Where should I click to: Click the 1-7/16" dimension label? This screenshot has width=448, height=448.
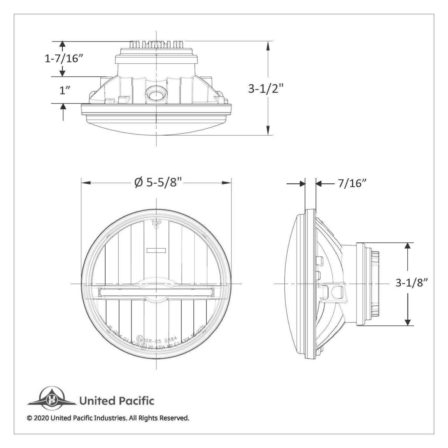pyautogui.click(x=63, y=59)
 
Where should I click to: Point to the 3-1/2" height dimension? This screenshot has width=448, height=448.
pyautogui.click(x=266, y=89)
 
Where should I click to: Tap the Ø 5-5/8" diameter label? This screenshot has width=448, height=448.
pyautogui.click(x=158, y=183)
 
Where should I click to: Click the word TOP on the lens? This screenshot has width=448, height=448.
pyautogui.click(x=156, y=224)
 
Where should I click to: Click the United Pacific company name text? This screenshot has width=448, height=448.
pyautogui.click(x=116, y=401)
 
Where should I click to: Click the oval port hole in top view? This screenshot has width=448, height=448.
pyautogui.click(x=154, y=94)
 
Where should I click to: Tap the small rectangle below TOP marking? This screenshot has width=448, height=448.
pyautogui.click(x=156, y=250)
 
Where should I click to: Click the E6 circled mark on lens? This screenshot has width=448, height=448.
pyautogui.click(x=140, y=339)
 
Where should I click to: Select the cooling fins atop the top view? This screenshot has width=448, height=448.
pyautogui.click(x=156, y=44)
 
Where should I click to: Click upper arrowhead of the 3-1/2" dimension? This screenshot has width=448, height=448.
pyautogui.click(x=268, y=45)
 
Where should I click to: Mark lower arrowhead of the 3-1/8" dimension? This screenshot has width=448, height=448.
pyautogui.click(x=408, y=321)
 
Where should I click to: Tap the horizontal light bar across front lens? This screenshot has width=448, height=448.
pyautogui.click(x=156, y=292)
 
